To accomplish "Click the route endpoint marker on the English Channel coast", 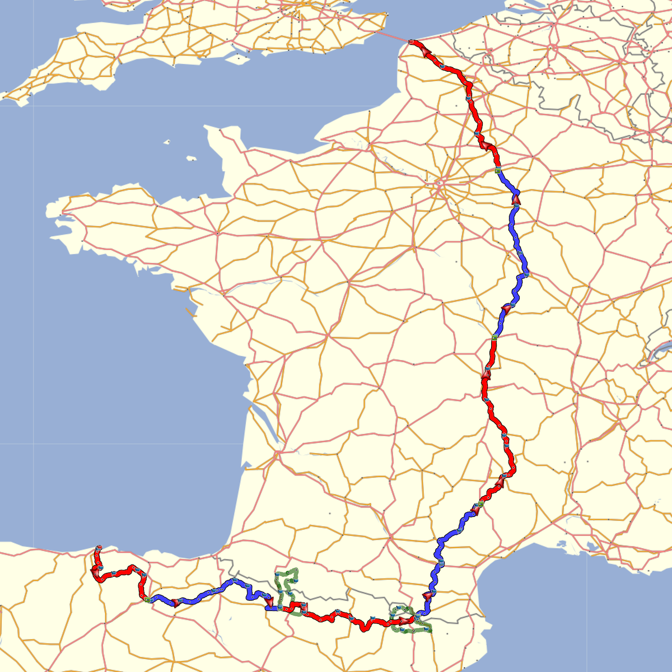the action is pyautogui.click(x=411, y=42).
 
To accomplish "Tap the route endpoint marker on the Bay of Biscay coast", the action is pyautogui.click(x=99, y=547).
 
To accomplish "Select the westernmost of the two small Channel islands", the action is pyautogui.click(x=166, y=142).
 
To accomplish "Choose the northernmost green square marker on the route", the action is pyautogui.click(x=497, y=170).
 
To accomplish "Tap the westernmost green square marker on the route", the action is pyautogui.click(x=147, y=600).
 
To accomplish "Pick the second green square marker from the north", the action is pyautogui.click(x=494, y=337).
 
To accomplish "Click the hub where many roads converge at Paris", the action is pyautogui.click(x=441, y=183).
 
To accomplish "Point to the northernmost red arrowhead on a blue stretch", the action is pyautogui.click(x=516, y=199).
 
